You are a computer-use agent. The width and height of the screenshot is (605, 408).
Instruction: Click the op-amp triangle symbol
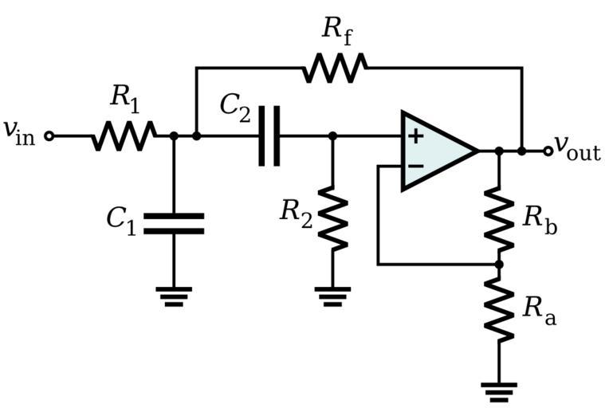tap(434, 151)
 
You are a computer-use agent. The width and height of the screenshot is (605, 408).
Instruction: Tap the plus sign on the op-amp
tap(415, 135)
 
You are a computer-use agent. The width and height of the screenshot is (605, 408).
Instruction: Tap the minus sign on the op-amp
tap(415, 166)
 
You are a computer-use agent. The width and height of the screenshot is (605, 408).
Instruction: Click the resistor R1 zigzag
tap(124, 136)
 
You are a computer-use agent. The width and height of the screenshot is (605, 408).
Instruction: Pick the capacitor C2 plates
tap(269, 136)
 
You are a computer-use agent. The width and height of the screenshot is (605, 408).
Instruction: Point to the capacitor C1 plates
tap(174, 223)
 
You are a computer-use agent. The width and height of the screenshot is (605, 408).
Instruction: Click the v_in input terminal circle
tap(49, 136)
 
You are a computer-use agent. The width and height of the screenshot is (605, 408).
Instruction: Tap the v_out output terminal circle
tap(548, 151)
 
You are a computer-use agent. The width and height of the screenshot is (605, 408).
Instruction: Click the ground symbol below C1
tap(174, 296)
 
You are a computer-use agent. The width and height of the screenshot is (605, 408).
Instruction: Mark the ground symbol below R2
tap(333, 296)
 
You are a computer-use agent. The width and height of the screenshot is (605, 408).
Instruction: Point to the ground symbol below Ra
tap(499, 390)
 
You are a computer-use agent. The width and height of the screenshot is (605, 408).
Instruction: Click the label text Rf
tap(336, 30)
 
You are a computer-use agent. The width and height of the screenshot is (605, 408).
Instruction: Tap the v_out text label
tap(578, 147)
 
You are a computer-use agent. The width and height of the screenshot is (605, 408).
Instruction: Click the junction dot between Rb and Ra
tap(499, 264)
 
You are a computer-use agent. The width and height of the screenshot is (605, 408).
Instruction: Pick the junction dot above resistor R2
tap(333, 136)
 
